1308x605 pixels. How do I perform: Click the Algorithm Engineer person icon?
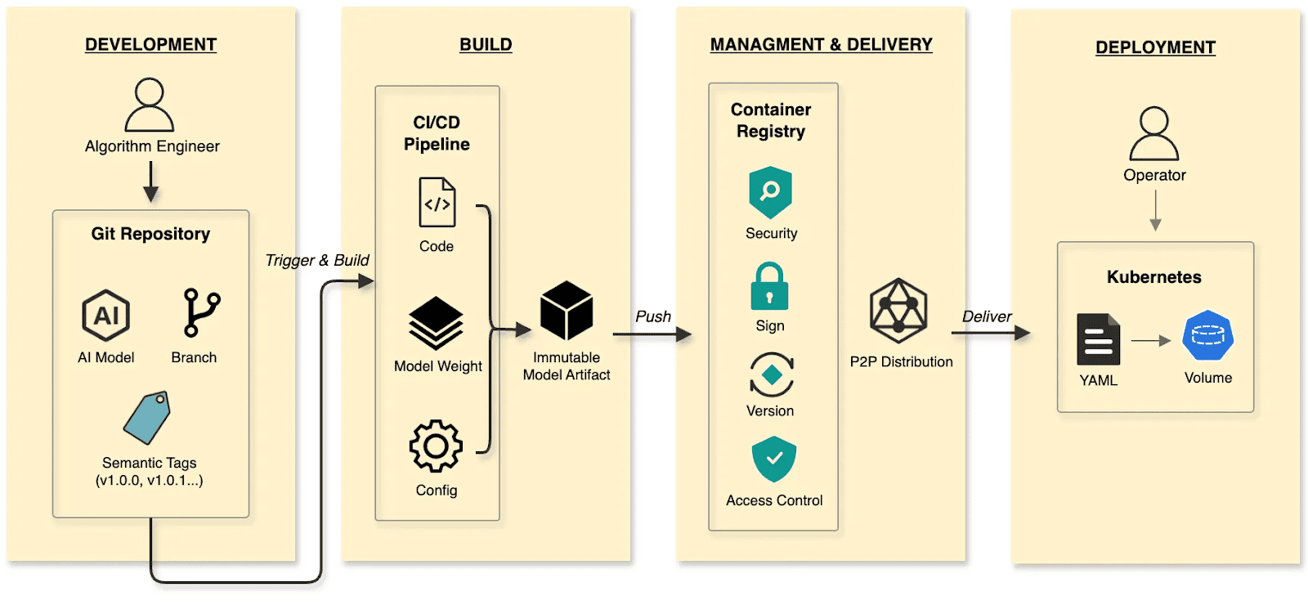149,105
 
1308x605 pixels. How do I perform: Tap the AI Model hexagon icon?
106,316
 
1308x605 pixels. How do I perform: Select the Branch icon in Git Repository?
200,312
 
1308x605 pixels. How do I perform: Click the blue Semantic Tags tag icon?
147,418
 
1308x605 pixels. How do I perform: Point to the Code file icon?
437,203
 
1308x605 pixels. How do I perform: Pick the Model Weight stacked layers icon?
436,323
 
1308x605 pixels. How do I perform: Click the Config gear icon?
436,446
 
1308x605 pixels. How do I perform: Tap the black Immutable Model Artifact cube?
567,311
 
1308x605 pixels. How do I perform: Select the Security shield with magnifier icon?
770,193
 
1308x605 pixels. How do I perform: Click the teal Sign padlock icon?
769,287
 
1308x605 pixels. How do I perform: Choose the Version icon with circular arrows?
771,375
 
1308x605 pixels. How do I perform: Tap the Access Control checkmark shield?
773,459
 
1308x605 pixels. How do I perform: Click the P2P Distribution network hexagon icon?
898,311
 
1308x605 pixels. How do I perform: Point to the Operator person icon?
1153,133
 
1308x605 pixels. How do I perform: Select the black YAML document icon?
1098,339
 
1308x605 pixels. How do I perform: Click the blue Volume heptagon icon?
1207,335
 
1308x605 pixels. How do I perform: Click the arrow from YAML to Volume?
1151,341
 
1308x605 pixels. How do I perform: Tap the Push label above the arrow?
653,316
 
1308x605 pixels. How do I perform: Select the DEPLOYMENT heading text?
1155,47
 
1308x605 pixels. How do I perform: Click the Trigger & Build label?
317,260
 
